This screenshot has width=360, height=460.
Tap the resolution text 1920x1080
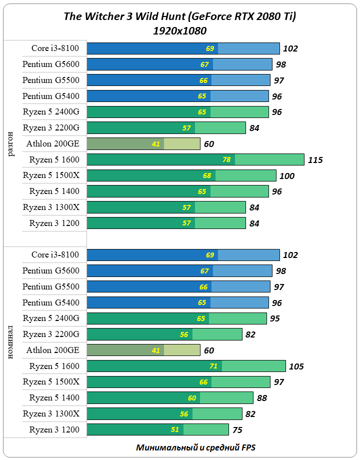pyautogui.click(x=180, y=31)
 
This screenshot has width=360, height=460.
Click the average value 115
pyautogui.click(x=315, y=160)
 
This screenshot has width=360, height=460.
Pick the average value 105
pyautogui.click(x=296, y=366)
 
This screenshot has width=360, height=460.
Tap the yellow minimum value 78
pyautogui.click(x=226, y=160)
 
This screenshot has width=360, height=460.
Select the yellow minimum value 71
pyautogui.click(x=213, y=366)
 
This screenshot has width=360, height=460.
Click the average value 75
pyautogui.click(x=238, y=430)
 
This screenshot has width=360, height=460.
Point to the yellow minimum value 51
pyautogui.click(x=175, y=430)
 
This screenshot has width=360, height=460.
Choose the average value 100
pyautogui.click(x=287, y=176)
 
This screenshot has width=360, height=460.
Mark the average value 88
pyautogui.click(x=262, y=398)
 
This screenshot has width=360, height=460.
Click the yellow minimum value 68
pyautogui.click(x=207, y=176)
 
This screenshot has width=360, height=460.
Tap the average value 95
pyautogui.click(x=274, y=318)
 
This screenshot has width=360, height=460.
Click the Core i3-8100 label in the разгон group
pyautogui.click(x=55, y=48)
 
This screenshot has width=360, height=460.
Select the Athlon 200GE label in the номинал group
pyautogui.click(x=53, y=350)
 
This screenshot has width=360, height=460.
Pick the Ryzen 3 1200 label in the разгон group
pyautogui.click(x=54, y=223)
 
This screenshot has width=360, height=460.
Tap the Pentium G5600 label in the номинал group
pyautogui.click(x=51, y=270)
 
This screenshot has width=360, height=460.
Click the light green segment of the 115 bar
pyautogui.click(x=269, y=160)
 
